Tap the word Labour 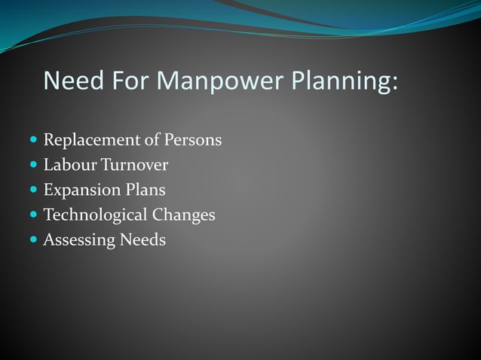[x=66, y=165]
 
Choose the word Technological [x=95, y=215]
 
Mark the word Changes [x=184, y=215]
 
